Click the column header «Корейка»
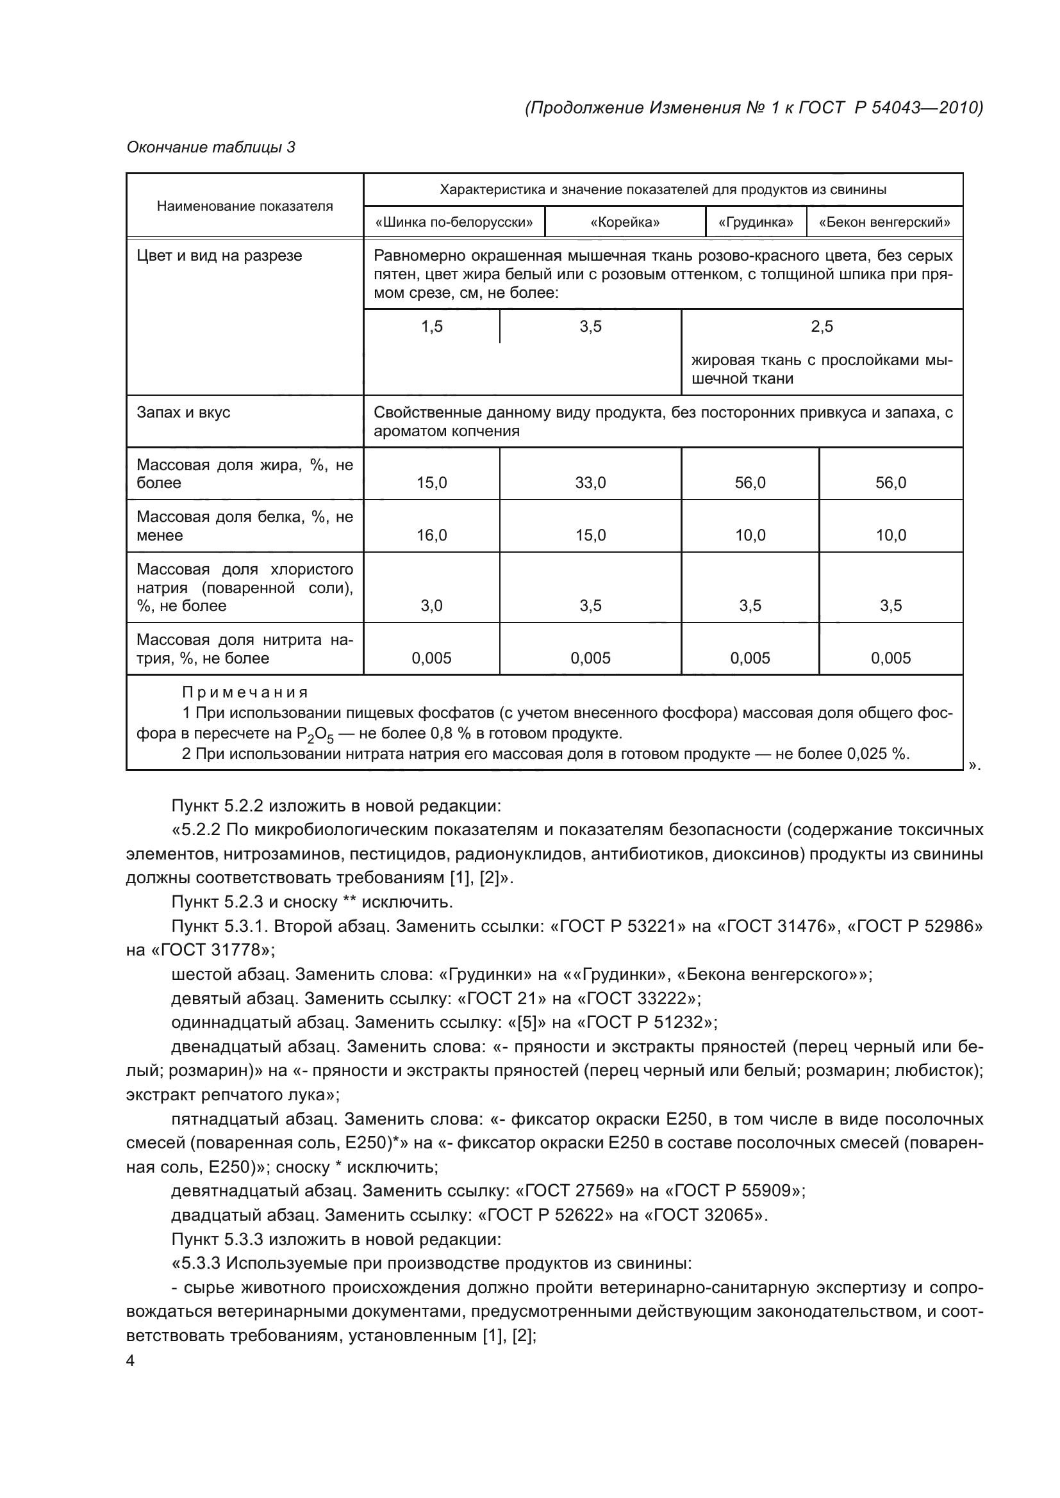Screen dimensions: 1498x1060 (x=625, y=222)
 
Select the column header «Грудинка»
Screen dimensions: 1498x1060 (x=756, y=222)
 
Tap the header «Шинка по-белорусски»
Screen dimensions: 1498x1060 (x=454, y=222)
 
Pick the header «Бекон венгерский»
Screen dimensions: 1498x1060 (x=884, y=222)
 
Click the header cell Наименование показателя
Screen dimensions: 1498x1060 (x=245, y=206)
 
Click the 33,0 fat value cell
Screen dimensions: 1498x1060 (x=591, y=483)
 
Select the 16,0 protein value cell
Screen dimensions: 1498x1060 (x=432, y=535)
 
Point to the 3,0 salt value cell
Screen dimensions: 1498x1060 (x=432, y=606)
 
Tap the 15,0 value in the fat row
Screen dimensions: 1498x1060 (x=432, y=483)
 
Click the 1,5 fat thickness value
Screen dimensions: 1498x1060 (x=432, y=326)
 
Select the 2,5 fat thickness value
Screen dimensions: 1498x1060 (x=822, y=326)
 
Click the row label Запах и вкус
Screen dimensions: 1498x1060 (x=183, y=412)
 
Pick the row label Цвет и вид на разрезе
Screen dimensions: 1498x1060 (x=219, y=256)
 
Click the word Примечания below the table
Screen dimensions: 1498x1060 (x=245, y=692)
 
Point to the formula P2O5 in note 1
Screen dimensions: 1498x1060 (x=315, y=735)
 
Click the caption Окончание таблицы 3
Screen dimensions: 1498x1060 (x=211, y=147)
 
